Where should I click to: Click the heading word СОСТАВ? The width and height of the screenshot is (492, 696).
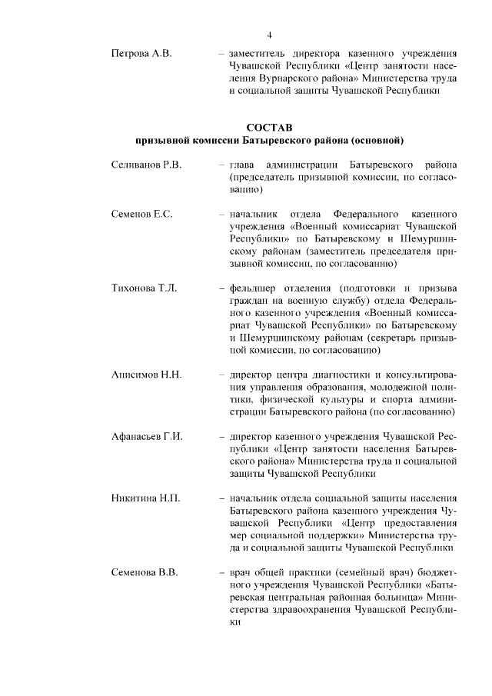(269, 127)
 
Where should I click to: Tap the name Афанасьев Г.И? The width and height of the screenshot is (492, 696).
(147, 436)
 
